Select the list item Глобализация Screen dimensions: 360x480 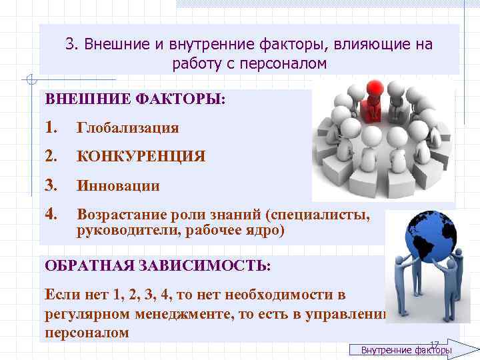tap(128, 127)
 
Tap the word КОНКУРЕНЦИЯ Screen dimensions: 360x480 tap(141, 157)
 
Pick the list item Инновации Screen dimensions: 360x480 tap(118, 186)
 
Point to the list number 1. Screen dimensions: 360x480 tap(51, 127)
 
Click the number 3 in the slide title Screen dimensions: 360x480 tap(69, 45)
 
